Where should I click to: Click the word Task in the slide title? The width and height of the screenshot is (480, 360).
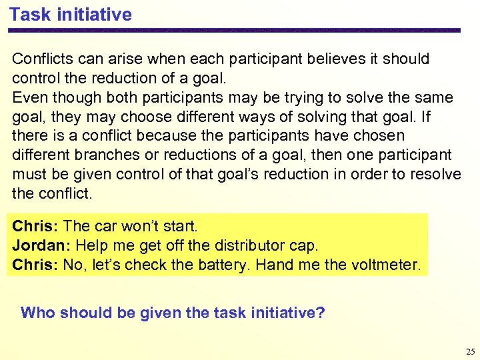click(29, 15)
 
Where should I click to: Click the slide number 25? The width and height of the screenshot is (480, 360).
click(471, 351)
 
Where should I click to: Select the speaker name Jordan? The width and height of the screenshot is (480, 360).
click(36, 245)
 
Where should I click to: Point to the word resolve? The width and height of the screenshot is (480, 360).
click(435, 175)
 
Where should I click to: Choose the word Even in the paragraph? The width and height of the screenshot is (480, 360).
click(28, 97)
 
